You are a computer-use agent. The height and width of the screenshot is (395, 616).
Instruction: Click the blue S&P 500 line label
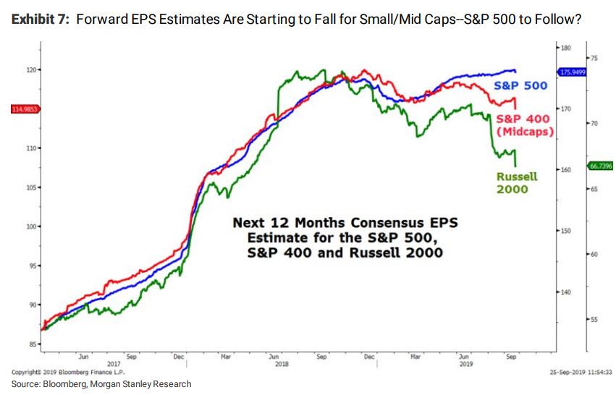(x=520, y=85)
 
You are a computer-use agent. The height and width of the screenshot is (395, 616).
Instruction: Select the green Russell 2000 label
(x=517, y=183)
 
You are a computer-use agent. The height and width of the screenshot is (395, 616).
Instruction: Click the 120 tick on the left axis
(x=30, y=70)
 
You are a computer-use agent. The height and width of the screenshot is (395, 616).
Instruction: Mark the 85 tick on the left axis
(x=33, y=344)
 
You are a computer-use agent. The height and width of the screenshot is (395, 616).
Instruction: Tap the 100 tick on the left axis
(x=31, y=226)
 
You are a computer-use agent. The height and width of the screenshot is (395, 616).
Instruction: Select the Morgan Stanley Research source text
(x=148, y=384)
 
